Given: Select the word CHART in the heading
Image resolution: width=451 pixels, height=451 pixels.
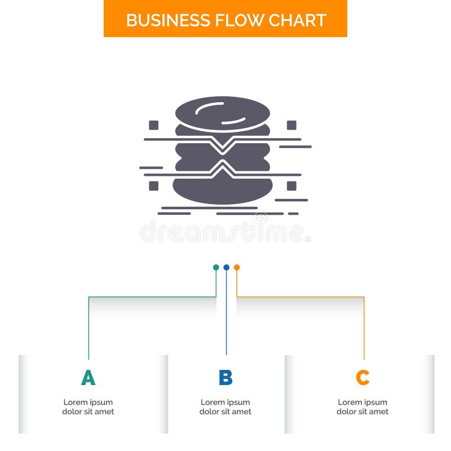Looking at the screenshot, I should [298, 20].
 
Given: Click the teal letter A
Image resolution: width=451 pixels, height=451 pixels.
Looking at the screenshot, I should [88, 378].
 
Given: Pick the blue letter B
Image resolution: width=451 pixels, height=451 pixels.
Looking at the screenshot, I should [225, 378].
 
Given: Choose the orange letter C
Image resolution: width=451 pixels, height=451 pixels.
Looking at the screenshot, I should [362, 378].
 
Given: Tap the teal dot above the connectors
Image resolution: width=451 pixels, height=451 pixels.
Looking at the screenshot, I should [216, 267].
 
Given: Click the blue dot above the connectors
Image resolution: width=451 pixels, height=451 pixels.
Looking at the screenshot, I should [226, 267].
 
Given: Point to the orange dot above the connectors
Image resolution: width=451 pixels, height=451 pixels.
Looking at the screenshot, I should [237, 267].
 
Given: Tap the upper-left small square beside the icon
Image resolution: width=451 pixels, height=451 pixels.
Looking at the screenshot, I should [153, 125].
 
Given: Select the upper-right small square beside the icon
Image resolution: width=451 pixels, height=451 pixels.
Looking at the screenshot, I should [291, 125].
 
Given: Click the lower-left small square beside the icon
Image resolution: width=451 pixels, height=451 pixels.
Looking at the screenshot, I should [153, 185].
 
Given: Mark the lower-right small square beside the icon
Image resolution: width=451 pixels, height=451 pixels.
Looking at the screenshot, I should [291, 185].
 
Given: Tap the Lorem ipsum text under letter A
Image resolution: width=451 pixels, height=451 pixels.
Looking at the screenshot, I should [88, 407].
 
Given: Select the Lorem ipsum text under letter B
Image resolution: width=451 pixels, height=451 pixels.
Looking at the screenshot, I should [225, 407].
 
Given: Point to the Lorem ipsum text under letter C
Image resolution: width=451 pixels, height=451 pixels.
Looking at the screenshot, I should [362, 407].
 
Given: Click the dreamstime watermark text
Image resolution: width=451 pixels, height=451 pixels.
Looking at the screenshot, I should [224, 232].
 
